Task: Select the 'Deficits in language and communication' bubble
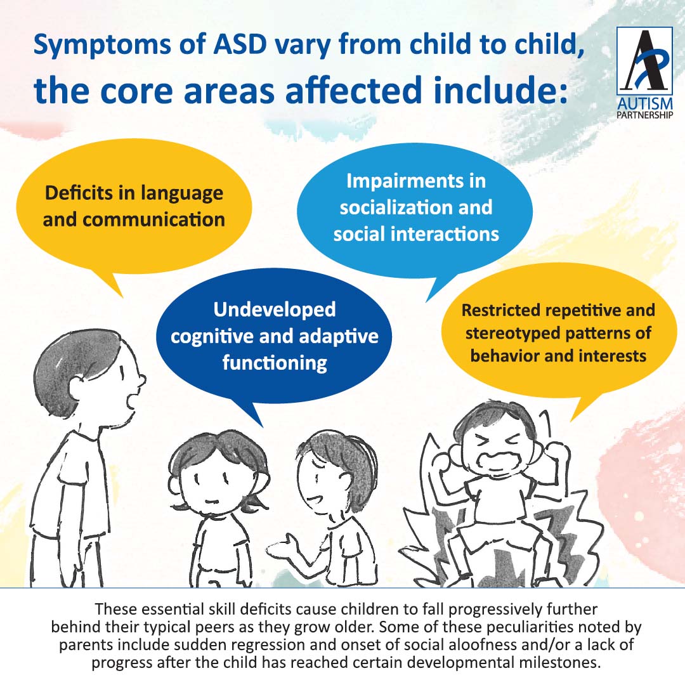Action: [133, 206]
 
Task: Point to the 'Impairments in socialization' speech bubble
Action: [415, 207]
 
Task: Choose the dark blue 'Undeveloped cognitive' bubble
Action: [274, 336]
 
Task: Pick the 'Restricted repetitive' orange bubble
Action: [558, 333]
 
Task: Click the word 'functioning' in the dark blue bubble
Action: [275, 363]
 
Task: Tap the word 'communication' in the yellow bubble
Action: [154, 219]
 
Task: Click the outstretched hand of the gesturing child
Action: [282, 545]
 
